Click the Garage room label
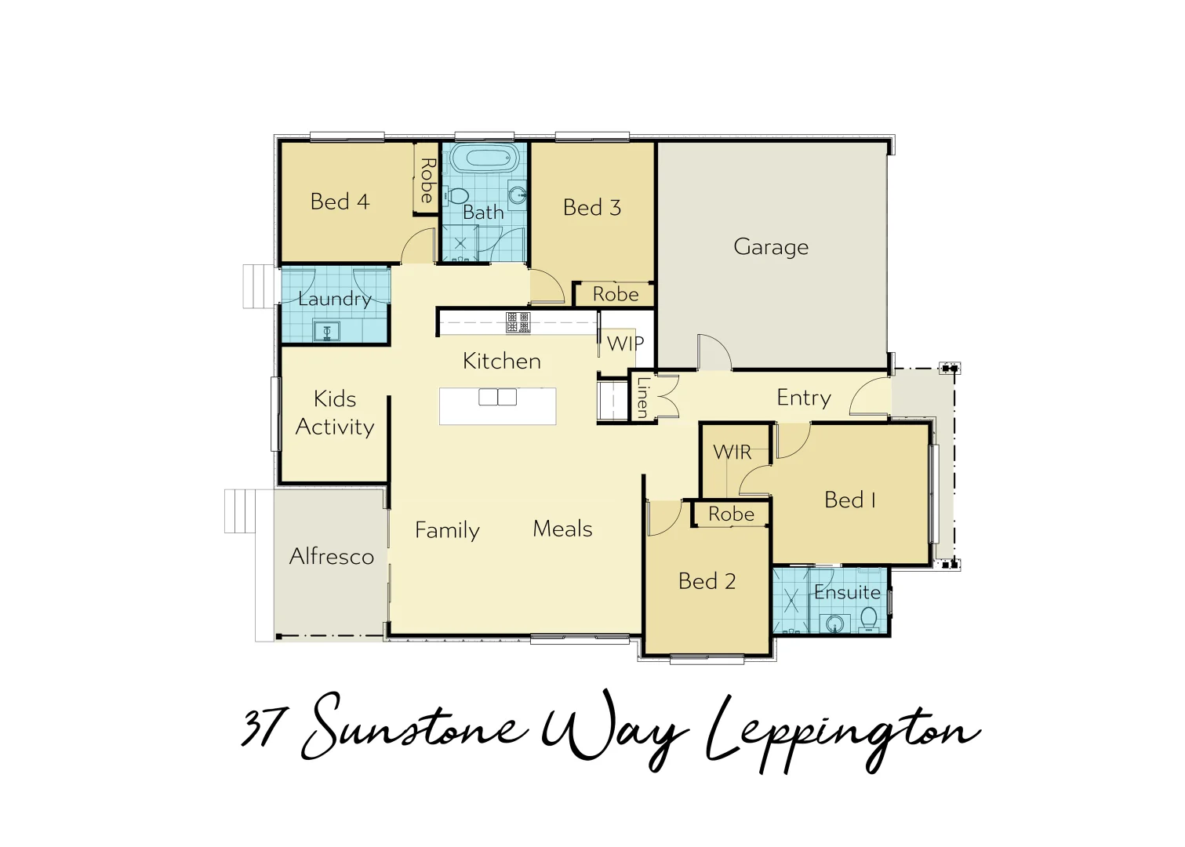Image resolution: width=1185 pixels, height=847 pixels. pos(771,247)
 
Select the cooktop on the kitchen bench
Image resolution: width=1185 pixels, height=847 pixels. pos(518,322)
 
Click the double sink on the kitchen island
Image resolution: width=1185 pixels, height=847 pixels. pos(498,397)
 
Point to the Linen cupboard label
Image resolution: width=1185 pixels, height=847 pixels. pos(642,398)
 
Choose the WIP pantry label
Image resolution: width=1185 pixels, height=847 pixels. pos(625,344)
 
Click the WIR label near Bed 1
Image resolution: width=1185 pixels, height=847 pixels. pos(732,453)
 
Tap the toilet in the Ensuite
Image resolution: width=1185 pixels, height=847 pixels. pos(869,620)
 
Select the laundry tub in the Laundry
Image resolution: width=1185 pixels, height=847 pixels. pos(327,331)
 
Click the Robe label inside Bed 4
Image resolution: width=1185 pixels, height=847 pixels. pos(427,180)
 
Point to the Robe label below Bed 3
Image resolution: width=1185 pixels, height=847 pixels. pos(616,294)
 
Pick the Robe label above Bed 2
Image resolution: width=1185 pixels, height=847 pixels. pos(731,514)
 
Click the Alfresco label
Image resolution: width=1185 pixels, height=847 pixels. pos(332,557)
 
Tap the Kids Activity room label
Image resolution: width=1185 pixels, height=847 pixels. pos(335,413)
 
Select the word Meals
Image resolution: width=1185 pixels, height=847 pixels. pos(562,529)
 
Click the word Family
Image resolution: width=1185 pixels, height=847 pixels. pos(447,531)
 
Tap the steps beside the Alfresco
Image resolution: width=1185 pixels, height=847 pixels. pos(240,511)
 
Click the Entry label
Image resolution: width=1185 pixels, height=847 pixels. pos(804,398)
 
